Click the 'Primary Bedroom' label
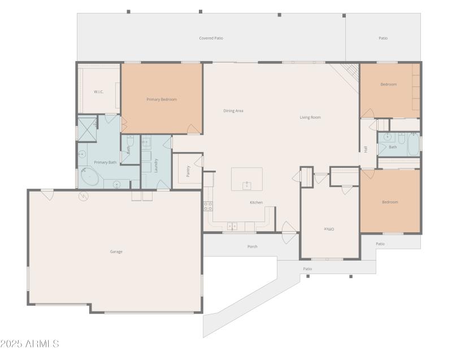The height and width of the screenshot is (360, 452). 162,99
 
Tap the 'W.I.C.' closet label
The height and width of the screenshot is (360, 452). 98,92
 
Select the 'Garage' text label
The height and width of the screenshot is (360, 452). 116,251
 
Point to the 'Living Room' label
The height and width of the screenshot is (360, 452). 310,118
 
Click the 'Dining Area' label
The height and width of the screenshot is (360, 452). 233,111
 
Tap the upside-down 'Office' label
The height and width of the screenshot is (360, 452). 329,229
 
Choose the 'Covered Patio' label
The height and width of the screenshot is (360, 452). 211,38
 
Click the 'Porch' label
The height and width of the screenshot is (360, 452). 252,246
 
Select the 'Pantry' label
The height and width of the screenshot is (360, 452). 188,171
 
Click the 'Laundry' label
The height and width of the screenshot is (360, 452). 157,165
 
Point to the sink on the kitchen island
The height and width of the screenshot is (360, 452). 247,185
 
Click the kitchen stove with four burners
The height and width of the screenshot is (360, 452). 207,206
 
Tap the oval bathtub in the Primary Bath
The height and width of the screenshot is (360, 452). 90,177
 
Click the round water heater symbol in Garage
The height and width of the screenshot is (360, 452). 84,196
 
